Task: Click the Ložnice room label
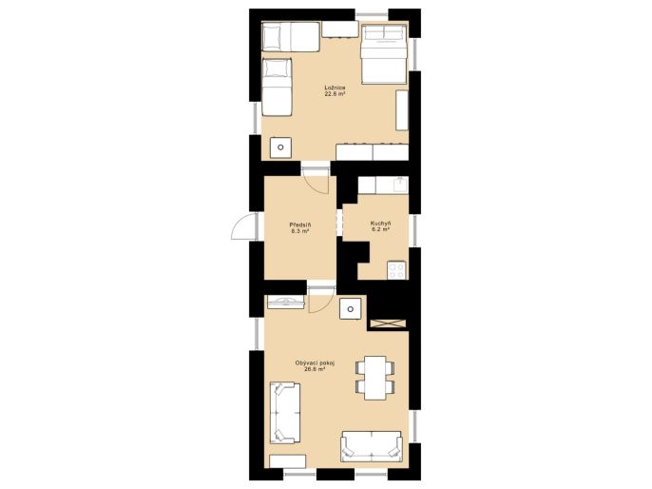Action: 336,88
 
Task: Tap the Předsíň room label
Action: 300,225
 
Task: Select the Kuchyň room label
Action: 380,224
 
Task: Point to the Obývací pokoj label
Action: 315,362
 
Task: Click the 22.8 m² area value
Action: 336,94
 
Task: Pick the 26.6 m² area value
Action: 315,369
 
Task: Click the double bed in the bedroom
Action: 383,54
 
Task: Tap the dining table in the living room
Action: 375,378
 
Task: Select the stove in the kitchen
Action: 396,270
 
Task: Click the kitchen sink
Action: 400,185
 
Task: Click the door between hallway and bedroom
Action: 316,181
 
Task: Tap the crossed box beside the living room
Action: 388,323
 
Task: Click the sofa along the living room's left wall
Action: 285,413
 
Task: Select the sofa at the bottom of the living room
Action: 372,446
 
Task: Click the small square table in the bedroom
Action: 280,147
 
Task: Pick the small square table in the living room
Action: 350,309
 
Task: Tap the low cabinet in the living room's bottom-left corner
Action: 288,461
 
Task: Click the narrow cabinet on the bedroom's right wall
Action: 402,110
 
